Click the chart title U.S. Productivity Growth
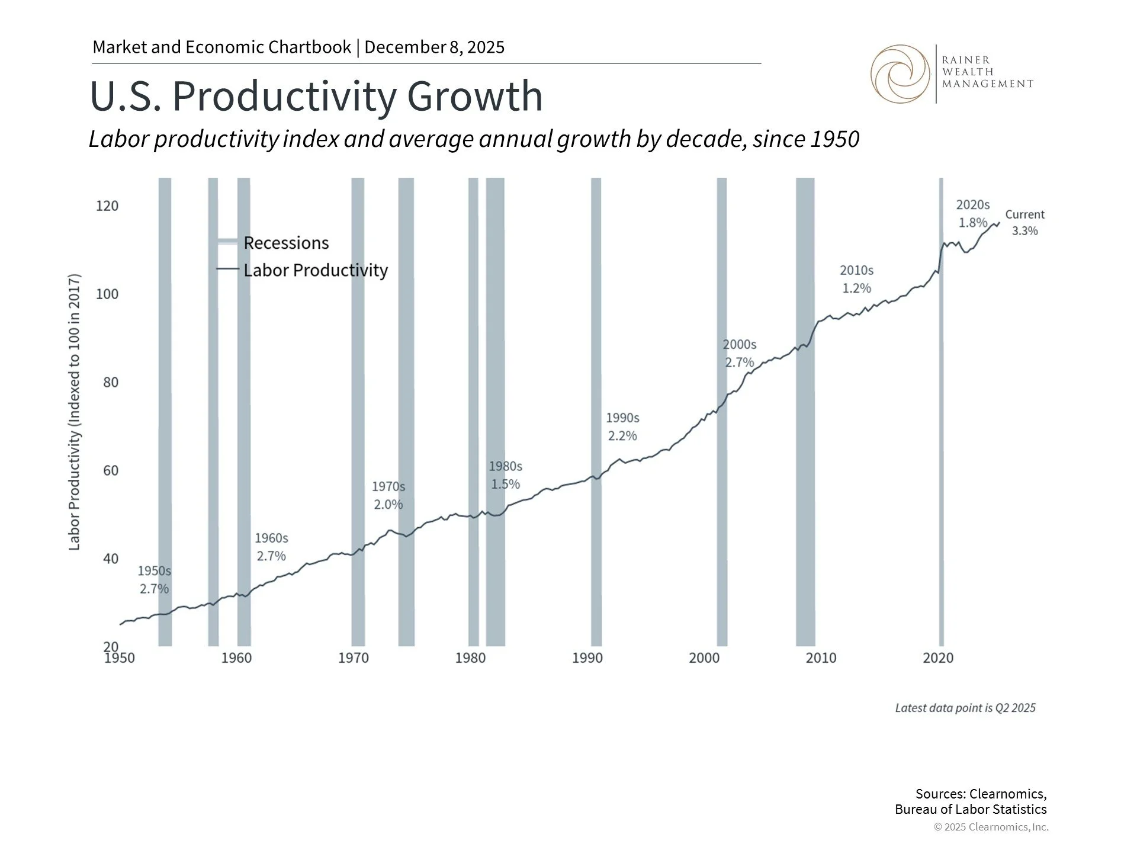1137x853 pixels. pyautogui.click(x=316, y=96)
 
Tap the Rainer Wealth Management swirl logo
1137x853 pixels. pyautogui.click(x=900, y=74)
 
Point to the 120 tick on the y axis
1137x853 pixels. pyautogui.click(x=107, y=206)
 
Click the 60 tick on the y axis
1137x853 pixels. pyautogui.click(x=111, y=471)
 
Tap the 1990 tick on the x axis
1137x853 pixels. pyautogui.click(x=587, y=658)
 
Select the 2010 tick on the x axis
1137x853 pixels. pyautogui.click(x=821, y=658)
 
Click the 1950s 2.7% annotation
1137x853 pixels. pyautogui.click(x=154, y=580)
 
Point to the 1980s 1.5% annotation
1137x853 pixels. pyautogui.click(x=505, y=475)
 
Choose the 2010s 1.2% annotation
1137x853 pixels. pyautogui.click(x=856, y=279)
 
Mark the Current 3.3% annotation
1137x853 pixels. pyautogui.click(x=1024, y=223)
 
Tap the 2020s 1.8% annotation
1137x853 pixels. pyautogui.click(x=972, y=214)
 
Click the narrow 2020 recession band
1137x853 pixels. pyautogui.click(x=941, y=415)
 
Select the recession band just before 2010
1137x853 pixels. pyautogui.click(x=805, y=415)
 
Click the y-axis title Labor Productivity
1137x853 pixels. pyautogui.click(x=75, y=412)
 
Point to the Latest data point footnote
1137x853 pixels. pyautogui.click(x=965, y=708)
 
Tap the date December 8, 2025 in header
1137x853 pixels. pyautogui.click(x=434, y=47)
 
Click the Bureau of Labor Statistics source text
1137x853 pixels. pyautogui.click(x=970, y=810)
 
